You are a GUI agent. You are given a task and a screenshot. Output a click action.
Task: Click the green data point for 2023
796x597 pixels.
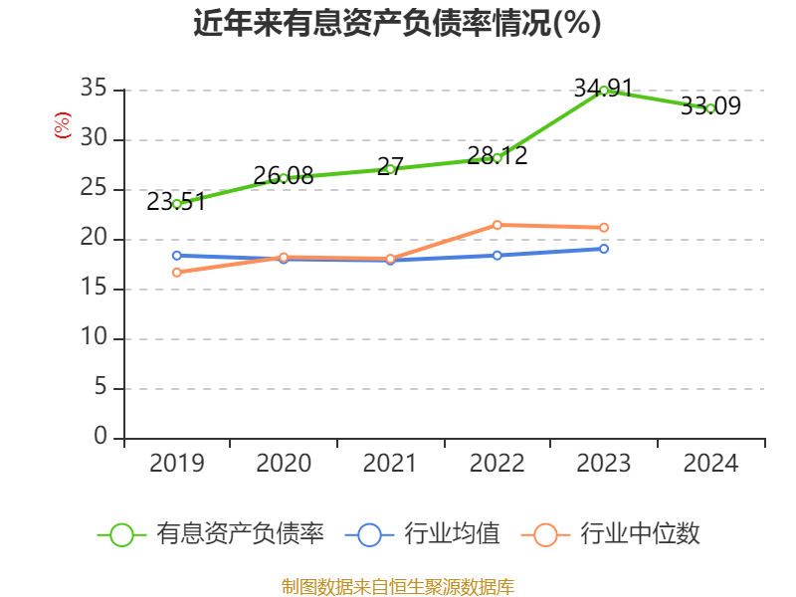pyautogui.click(x=604, y=91)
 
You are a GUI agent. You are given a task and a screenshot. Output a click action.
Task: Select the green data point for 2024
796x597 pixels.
pyautogui.click(x=710, y=108)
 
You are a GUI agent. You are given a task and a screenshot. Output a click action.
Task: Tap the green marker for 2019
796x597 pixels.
pyautogui.click(x=177, y=204)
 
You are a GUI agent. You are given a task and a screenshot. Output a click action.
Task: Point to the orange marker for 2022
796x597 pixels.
pyautogui.click(x=497, y=225)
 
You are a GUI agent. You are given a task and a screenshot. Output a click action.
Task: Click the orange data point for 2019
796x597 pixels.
pyautogui.click(x=177, y=272)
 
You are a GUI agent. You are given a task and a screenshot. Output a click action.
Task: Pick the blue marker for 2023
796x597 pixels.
pyautogui.click(x=604, y=248)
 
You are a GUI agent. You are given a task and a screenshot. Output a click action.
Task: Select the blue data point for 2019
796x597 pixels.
pyautogui.click(x=177, y=256)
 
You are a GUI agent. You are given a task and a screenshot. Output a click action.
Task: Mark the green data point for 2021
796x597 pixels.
pyautogui.click(x=390, y=169)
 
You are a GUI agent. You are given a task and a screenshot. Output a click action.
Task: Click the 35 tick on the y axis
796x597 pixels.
pyautogui.click(x=94, y=90)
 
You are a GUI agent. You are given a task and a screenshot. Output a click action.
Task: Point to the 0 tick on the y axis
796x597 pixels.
pyautogui.click(x=100, y=437)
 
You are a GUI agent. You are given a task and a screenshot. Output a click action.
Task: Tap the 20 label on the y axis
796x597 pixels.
pyautogui.click(x=94, y=239)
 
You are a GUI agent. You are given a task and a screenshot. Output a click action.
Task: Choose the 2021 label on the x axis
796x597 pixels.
pyautogui.click(x=390, y=464)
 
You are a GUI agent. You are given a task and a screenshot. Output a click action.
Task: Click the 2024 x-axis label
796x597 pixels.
pyautogui.click(x=710, y=464)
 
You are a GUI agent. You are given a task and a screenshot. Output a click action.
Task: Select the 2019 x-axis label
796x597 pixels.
pyautogui.click(x=177, y=464)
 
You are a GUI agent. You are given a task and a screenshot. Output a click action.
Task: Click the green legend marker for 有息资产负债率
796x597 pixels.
pyautogui.click(x=121, y=534)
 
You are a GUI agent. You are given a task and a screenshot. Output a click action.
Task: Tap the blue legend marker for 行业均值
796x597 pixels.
pyautogui.click(x=369, y=534)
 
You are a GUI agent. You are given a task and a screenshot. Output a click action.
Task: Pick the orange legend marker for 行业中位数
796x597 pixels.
pyautogui.click(x=545, y=534)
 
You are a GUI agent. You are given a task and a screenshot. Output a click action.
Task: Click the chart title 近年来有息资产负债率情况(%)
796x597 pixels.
pyautogui.click(x=397, y=24)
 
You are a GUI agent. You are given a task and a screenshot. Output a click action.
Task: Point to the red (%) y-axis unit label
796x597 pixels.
pyautogui.click(x=63, y=126)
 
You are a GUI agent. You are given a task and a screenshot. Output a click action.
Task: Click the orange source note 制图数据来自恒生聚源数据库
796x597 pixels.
pyautogui.click(x=397, y=586)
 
